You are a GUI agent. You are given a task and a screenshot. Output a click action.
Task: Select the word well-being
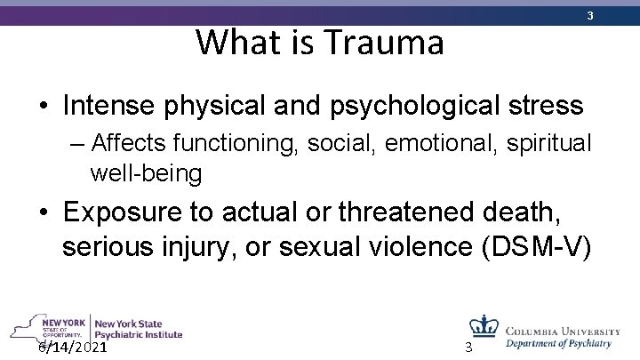click(146, 173)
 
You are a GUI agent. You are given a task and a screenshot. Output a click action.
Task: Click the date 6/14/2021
click(73, 347)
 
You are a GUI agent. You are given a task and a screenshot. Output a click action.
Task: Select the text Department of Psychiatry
click(559, 342)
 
